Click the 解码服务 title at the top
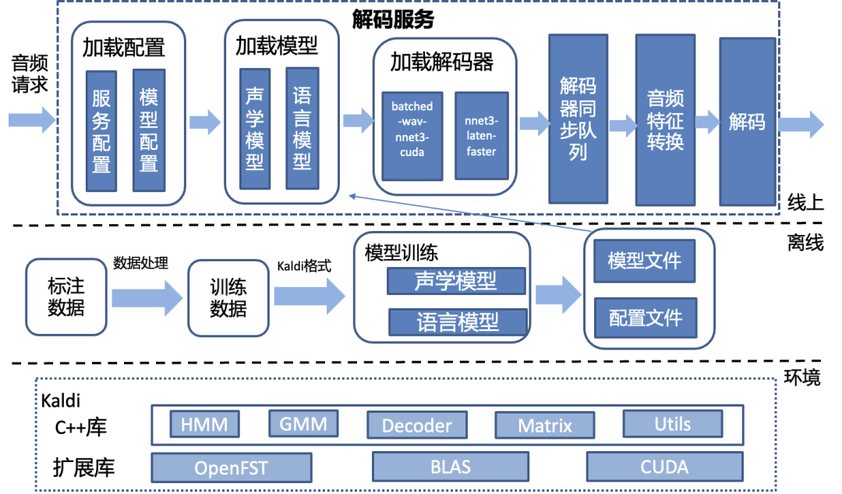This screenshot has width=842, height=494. [x=405, y=19]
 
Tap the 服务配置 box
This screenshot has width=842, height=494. [x=101, y=130]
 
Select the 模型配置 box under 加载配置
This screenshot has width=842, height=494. [x=149, y=130]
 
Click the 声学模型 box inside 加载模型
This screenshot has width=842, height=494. [x=255, y=129]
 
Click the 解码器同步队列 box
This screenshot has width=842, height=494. [x=578, y=118]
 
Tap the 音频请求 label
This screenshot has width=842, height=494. [x=30, y=73]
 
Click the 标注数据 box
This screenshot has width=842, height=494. [x=66, y=297]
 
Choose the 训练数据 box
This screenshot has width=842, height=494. [x=228, y=298]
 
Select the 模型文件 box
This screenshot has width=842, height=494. [x=645, y=260]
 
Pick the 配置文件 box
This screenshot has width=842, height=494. [x=645, y=318]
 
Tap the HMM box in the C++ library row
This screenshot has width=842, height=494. [x=204, y=424]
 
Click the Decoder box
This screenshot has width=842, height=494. [x=417, y=425]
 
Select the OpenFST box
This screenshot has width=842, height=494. [x=231, y=467]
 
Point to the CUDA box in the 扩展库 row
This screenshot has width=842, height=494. [x=664, y=467]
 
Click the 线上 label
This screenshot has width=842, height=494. [x=805, y=204]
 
